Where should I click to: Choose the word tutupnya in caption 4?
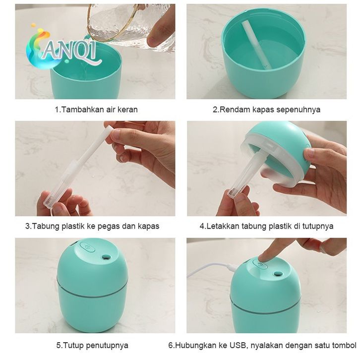click(x=318, y=227)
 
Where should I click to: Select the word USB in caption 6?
click(x=238, y=345)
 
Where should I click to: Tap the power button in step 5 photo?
click(x=87, y=247)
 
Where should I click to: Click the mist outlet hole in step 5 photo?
click(x=106, y=257)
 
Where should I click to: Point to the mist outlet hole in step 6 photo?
click(x=278, y=273)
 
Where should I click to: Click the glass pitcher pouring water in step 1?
click(x=131, y=25)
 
